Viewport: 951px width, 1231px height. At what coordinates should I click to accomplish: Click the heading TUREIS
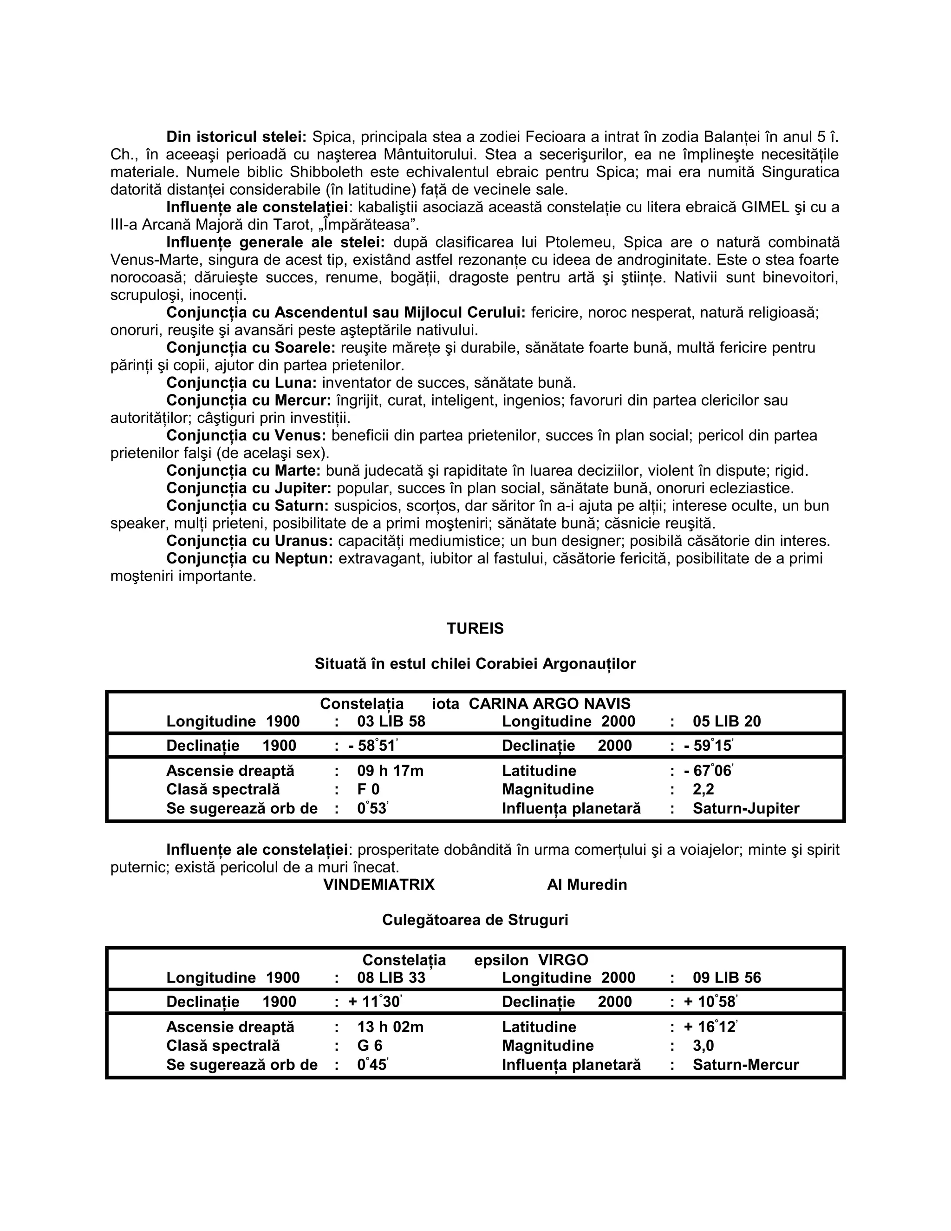(475, 629)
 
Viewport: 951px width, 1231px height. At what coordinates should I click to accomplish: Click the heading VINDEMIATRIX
(378, 884)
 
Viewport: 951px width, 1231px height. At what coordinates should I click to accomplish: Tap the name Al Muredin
(586, 884)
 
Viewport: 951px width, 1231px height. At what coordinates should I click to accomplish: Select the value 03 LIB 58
(391, 721)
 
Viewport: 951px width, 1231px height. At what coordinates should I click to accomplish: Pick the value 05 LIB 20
(726, 721)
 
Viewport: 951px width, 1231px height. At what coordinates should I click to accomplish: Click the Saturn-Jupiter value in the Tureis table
(745, 808)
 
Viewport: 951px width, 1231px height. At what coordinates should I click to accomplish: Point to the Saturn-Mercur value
(745, 1065)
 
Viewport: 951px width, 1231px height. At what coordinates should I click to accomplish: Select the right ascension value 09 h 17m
(390, 771)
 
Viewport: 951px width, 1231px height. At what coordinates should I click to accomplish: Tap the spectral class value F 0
(368, 789)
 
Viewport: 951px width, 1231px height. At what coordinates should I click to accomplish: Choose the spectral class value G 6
(370, 1046)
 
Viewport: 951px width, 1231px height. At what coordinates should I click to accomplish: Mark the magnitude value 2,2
(703, 789)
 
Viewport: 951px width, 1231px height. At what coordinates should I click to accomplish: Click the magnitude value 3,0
(703, 1046)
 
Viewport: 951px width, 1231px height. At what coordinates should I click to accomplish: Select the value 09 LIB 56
(726, 977)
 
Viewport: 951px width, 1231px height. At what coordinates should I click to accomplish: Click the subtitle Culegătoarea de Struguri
(475, 920)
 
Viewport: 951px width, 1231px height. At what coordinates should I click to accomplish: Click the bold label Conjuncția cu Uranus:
(249, 541)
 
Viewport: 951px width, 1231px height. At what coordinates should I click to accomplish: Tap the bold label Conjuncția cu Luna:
(241, 383)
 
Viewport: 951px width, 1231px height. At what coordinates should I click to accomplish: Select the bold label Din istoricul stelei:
(236, 137)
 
